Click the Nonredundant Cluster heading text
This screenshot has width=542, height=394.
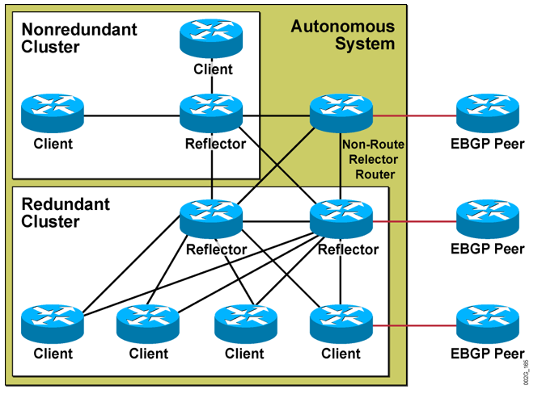78,38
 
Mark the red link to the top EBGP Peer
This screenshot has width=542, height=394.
413,115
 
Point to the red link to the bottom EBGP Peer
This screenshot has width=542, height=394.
413,325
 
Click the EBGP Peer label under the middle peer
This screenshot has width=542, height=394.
486,249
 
